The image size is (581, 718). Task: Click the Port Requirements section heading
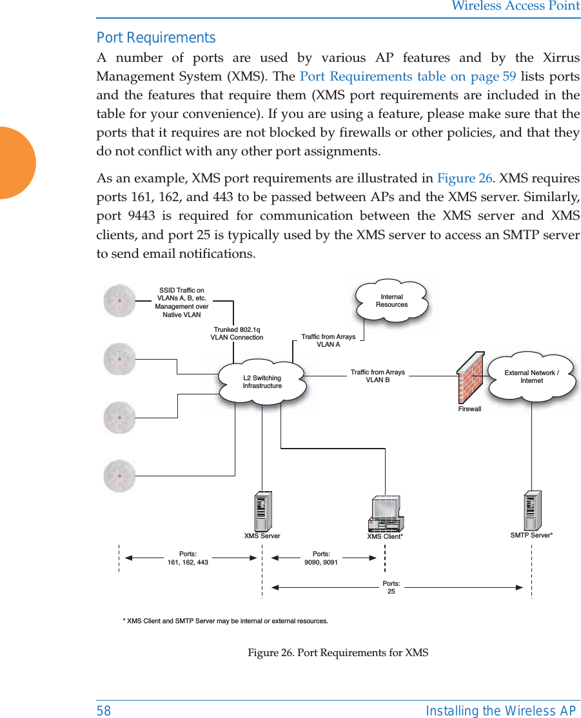coord(156,37)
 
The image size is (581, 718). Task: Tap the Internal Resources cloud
coord(392,300)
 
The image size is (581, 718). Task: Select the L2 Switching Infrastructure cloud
coord(262,382)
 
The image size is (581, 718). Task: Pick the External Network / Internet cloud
coord(532,376)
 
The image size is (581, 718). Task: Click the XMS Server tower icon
coord(262,510)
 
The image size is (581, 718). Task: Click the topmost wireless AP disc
coord(120,300)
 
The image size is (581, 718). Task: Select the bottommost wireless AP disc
coord(120,476)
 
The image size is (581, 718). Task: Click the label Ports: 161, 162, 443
coord(188,558)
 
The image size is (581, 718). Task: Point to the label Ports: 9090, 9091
coord(321,558)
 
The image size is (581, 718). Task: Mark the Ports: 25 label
coord(391,587)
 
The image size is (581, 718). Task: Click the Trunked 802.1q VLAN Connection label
coord(237,333)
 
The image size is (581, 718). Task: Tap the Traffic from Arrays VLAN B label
coord(378,376)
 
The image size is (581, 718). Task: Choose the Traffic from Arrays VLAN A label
coord(328,340)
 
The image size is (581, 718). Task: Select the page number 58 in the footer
coord(104,710)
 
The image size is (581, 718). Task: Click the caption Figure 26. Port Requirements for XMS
coord(338,652)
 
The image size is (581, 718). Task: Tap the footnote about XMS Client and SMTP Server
coord(225,621)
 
